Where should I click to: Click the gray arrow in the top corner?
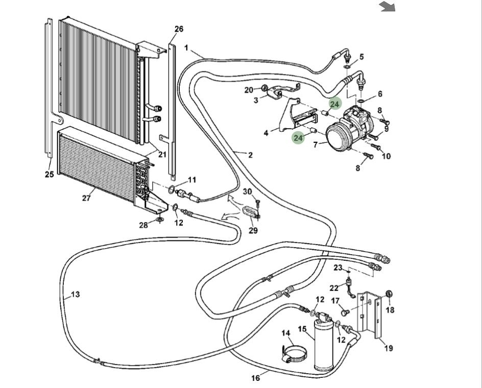[x=388, y=6]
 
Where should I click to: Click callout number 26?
[x=179, y=29]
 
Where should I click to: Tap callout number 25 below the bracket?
[x=49, y=175]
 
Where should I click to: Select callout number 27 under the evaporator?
[x=86, y=198]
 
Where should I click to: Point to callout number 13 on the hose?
[x=75, y=294]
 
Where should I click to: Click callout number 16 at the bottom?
[x=256, y=378]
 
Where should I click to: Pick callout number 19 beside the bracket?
[x=389, y=348]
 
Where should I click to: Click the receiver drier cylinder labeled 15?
[x=322, y=345]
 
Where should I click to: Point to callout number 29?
[x=253, y=230]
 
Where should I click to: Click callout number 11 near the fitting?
[x=192, y=180]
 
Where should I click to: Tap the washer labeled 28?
[x=159, y=219]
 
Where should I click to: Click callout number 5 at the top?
[x=361, y=57]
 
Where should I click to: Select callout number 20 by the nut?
[x=249, y=90]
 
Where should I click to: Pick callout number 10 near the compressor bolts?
[x=386, y=156]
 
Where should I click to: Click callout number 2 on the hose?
[x=250, y=155]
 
